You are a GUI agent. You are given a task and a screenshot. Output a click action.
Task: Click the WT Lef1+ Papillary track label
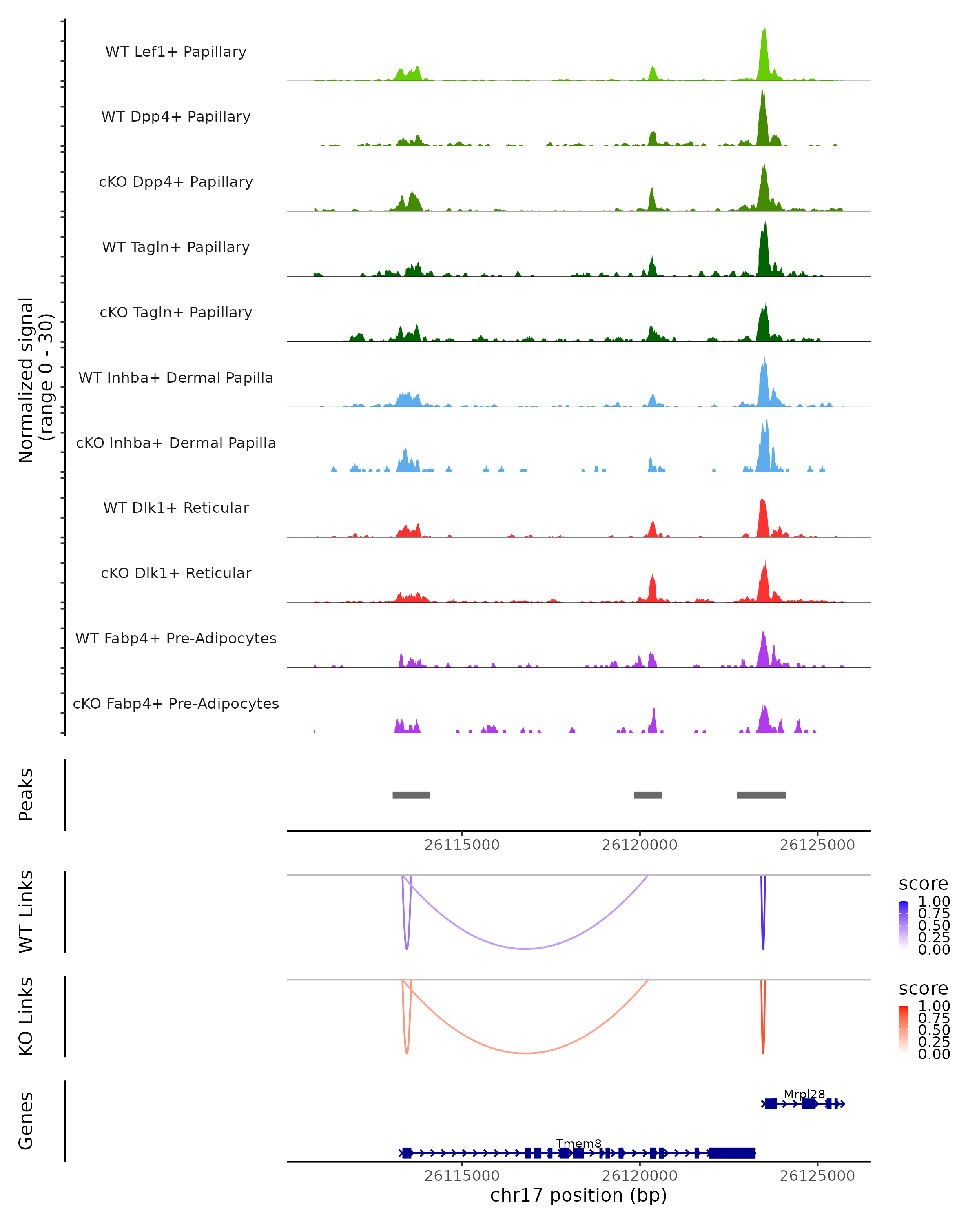(176, 52)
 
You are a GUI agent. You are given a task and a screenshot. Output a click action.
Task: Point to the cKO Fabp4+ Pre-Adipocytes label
(176, 703)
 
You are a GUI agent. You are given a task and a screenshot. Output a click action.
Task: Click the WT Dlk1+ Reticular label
(176, 508)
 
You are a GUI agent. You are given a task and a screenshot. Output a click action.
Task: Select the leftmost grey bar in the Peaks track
(411, 795)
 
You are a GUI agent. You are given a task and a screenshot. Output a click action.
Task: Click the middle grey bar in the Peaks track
(647, 795)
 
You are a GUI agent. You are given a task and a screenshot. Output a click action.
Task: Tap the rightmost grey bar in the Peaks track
(761, 795)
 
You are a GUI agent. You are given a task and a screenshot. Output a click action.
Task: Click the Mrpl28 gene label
(804, 1094)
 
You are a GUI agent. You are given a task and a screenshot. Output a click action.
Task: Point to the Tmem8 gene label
(578, 1143)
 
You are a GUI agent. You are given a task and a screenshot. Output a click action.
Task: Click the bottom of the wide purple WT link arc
(526, 948)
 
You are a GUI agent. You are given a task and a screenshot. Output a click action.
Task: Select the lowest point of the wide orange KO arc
(526, 1053)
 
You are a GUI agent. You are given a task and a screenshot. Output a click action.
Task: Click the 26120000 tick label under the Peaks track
(640, 845)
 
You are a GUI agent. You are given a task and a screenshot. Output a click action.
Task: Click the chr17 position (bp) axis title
(578, 1195)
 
